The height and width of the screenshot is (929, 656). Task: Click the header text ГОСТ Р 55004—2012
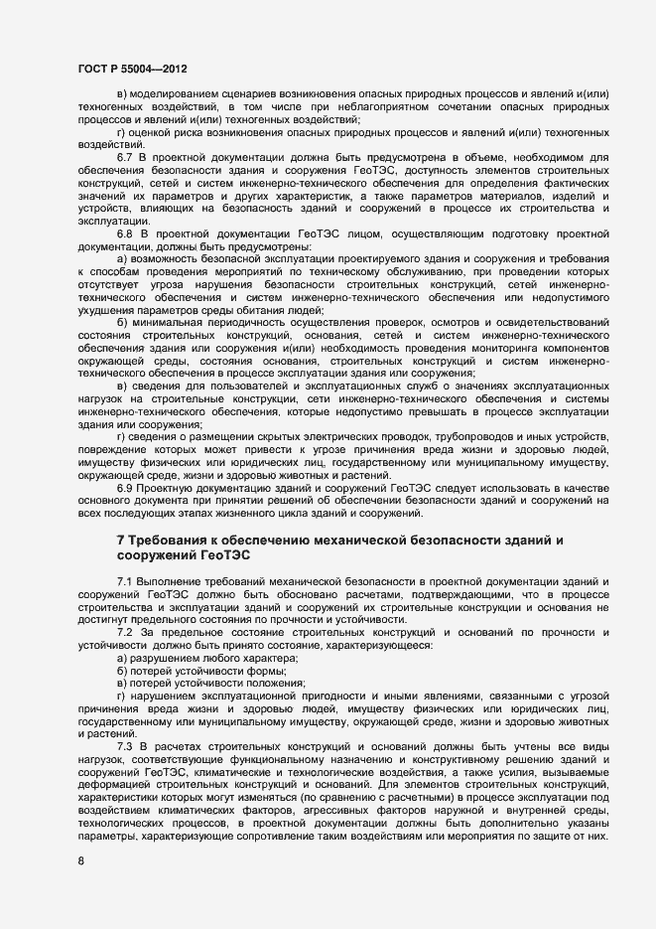point(131,68)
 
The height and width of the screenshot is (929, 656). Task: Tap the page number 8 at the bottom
point(80,861)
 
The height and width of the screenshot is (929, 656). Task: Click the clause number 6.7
point(125,157)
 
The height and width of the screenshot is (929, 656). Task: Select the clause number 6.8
point(125,232)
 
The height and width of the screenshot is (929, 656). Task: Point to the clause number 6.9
point(125,488)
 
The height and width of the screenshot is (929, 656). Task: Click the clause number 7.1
point(125,579)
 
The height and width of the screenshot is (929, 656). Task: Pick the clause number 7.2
point(125,633)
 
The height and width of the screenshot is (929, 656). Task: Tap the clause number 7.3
point(125,745)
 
